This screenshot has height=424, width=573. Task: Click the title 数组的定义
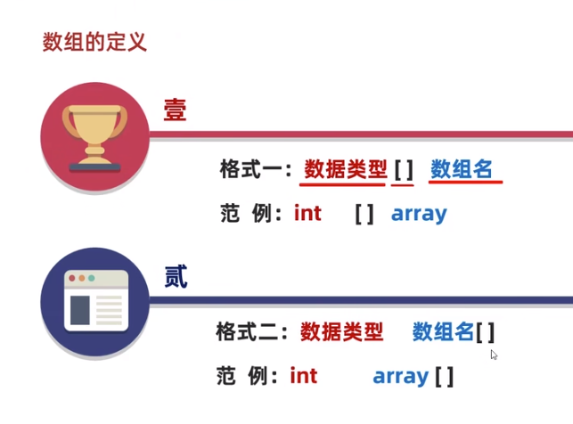(x=94, y=42)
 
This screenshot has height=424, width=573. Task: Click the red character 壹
(x=175, y=110)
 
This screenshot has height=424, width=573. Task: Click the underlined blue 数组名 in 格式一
(x=462, y=168)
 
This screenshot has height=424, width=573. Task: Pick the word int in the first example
(x=307, y=214)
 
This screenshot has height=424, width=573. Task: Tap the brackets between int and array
(x=364, y=214)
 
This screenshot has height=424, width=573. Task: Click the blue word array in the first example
(x=419, y=215)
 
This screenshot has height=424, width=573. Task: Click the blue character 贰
(x=176, y=276)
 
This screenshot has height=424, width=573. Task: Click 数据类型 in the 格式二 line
(x=342, y=332)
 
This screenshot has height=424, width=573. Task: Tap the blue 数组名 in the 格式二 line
(x=443, y=332)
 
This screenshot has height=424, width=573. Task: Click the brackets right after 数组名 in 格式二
(x=486, y=332)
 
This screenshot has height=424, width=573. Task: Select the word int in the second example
(x=304, y=376)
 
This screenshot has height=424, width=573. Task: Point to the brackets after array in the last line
(x=444, y=376)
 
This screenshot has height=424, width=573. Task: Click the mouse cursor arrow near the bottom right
(x=494, y=355)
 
